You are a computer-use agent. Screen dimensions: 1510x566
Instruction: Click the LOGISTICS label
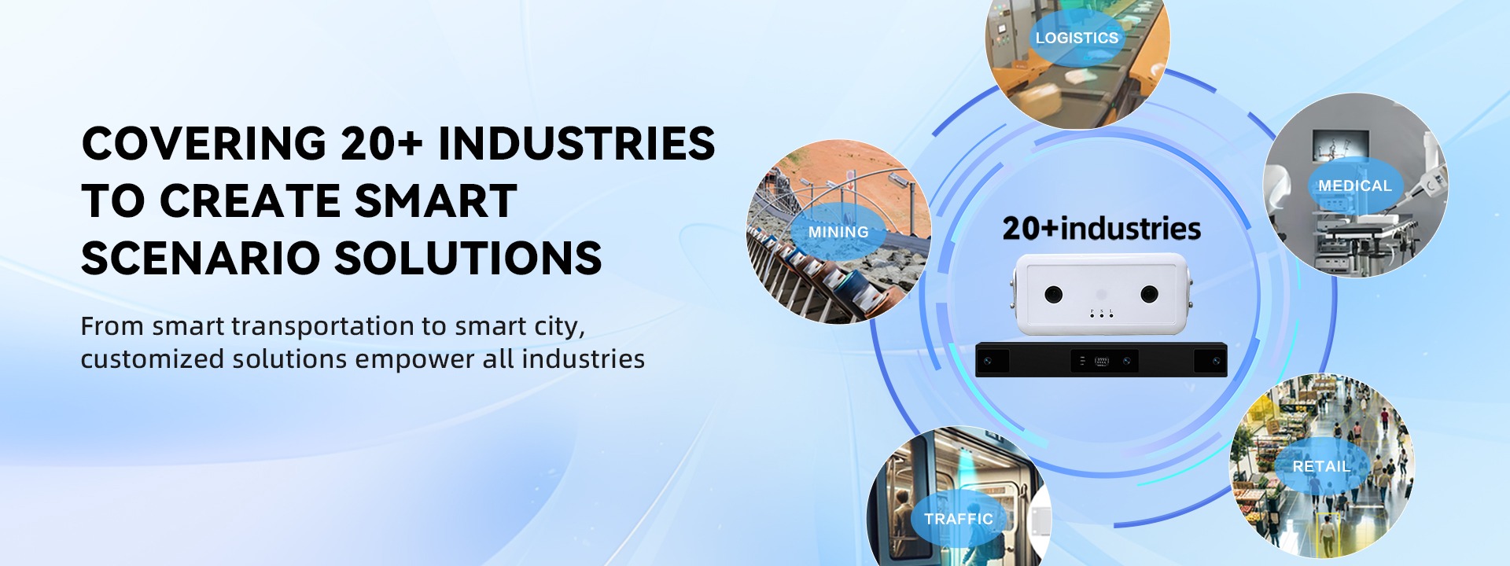[1077, 38]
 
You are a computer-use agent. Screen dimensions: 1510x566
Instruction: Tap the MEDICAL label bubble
[1355, 186]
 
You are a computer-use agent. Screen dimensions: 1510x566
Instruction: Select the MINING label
[838, 233]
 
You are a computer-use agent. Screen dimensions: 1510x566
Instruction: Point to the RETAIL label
[1321, 466]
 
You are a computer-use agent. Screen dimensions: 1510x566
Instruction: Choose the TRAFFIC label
[959, 519]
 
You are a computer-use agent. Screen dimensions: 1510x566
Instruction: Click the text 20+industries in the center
[1101, 229]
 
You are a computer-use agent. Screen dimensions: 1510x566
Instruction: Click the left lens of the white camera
[1054, 295]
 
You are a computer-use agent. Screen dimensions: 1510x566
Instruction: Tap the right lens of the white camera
[1150, 295]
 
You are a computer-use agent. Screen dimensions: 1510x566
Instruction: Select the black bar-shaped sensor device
[1101, 360]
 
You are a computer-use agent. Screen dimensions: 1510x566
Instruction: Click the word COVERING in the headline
[204, 144]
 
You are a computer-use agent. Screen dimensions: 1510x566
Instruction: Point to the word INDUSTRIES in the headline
[576, 144]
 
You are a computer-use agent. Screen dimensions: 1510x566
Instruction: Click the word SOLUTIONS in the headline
[469, 259]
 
